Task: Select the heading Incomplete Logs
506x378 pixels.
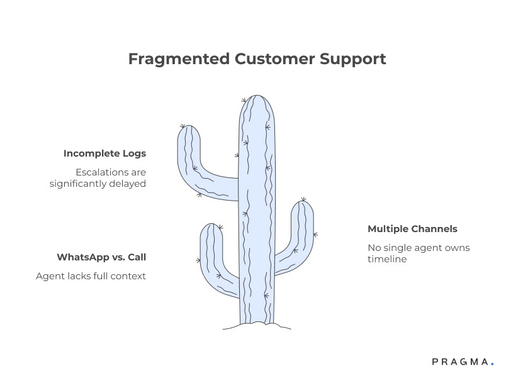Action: (104, 153)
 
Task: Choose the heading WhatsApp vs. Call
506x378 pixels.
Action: (101, 257)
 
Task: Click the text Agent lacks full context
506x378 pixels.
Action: (91, 275)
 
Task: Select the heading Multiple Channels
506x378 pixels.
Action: (412, 229)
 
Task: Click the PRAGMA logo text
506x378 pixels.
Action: (460, 362)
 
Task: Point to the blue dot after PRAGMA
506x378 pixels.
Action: (493, 364)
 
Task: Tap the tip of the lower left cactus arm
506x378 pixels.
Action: (211, 226)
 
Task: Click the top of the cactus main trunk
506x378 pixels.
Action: (256, 98)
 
